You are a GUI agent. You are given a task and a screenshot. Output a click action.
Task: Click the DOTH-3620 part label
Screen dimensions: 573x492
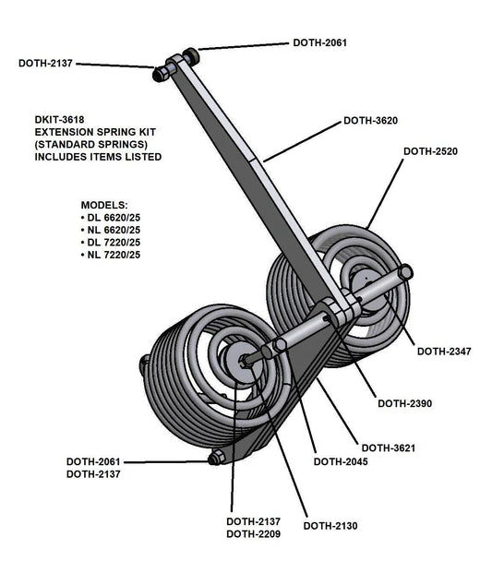[371, 120]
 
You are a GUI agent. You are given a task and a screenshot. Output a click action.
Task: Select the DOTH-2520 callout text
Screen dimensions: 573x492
[431, 150]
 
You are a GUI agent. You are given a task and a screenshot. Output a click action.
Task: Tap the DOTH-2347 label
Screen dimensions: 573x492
[444, 351]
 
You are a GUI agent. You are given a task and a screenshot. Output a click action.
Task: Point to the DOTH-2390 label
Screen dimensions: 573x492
[405, 403]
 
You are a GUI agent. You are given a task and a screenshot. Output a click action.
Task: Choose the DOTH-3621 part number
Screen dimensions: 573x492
[388, 448]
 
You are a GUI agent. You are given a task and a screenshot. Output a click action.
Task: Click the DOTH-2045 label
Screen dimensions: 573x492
[342, 461]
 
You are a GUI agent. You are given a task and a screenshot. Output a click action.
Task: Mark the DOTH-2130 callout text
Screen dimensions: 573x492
[330, 526]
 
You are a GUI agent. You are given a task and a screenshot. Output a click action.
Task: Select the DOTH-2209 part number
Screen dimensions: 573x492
[254, 534]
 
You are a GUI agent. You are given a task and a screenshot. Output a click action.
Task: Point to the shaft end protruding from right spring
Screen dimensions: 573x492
[405, 273]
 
